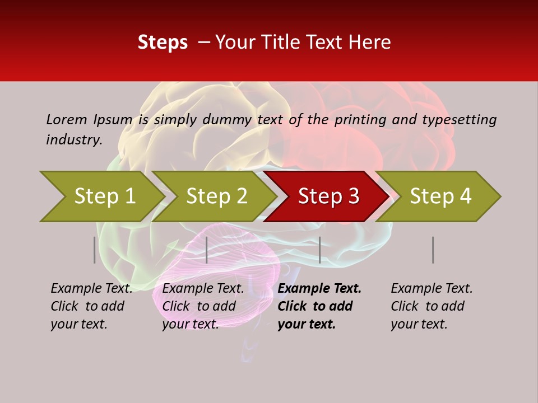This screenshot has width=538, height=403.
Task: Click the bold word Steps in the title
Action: pyautogui.click(x=163, y=43)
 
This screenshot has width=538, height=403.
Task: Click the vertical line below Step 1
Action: pyautogui.click(x=94, y=250)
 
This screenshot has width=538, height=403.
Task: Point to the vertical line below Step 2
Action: pyautogui.click(x=207, y=250)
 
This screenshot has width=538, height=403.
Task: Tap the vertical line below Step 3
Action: pyautogui.click(x=319, y=250)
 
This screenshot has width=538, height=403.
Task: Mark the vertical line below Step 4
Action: pyautogui.click(x=433, y=250)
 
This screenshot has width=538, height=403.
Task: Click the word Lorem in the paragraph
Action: pyautogui.click(x=67, y=120)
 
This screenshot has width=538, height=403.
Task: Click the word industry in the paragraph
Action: pyautogui.click(x=73, y=140)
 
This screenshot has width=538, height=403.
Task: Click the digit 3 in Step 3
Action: pyautogui.click(x=352, y=196)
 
